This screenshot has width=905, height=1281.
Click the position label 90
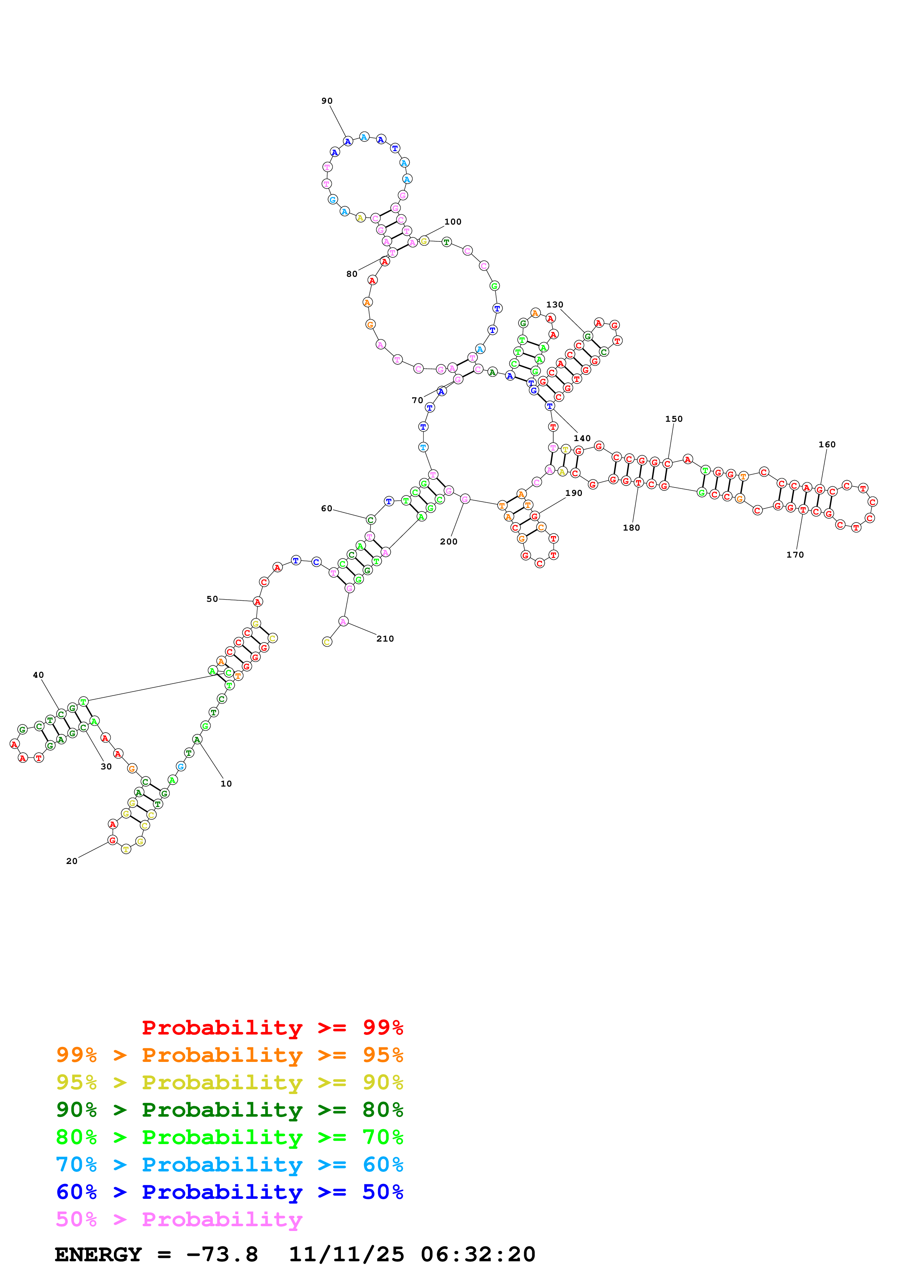[327, 101]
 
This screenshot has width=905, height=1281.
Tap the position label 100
[453, 222]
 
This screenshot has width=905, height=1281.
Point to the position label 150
[674, 419]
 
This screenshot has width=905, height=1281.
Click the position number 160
[827, 445]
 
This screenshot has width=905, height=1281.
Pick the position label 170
[795, 555]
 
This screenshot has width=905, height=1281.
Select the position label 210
[385, 639]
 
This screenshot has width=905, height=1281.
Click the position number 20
[72, 861]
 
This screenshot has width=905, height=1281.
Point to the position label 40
[38, 675]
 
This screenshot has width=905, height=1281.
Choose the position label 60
[326, 509]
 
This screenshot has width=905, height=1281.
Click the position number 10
[226, 784]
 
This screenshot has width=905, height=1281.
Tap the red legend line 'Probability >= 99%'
[272, 1028]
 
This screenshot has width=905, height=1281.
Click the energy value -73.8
[222, 1254]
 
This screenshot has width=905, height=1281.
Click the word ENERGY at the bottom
[98, 1254]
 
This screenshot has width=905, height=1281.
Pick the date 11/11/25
[346, 1254]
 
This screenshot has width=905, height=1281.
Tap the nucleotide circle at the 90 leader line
[348, 141]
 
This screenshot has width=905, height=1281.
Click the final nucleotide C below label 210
[327, 642]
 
